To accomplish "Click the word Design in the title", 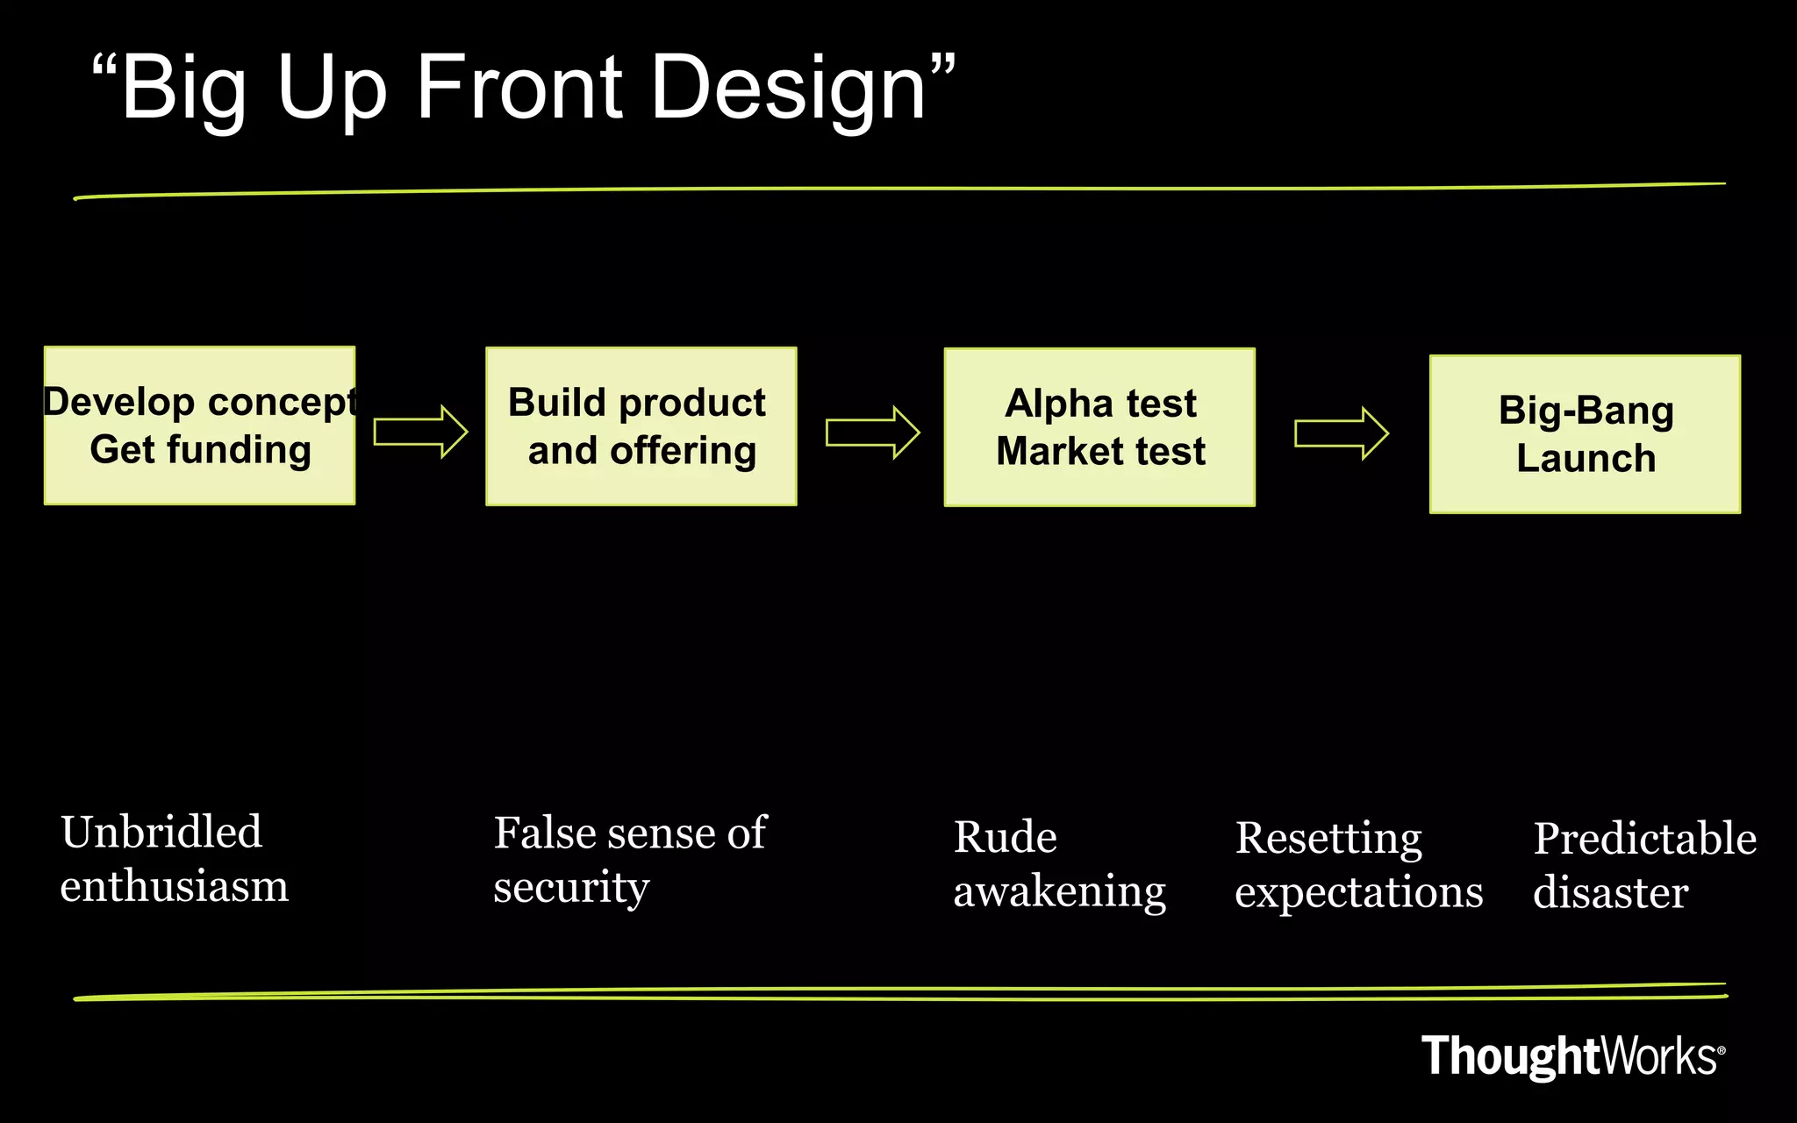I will (788, 88).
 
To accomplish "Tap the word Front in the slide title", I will (519, 88).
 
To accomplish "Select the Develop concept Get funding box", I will (200, 426).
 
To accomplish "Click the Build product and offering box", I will (641, 426).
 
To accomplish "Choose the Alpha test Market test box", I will (1099, 427).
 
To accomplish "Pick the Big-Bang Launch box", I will (1585, 434).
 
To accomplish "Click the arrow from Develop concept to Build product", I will (420, 432).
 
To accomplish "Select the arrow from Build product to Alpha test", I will (872, 433).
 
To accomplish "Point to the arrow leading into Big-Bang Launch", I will (1341, 433).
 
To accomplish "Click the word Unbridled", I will (161, 832).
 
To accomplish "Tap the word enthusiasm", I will (174, 886).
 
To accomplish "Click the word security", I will (571, 888).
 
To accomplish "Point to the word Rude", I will (1005, 837).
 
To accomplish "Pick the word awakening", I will (1059, 892).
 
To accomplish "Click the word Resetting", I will (1328, 839).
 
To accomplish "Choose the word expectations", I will (1358, 893).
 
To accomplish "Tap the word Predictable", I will (1644, 839).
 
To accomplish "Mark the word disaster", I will (1610, 893).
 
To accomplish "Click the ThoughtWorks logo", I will (1572, 1055).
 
